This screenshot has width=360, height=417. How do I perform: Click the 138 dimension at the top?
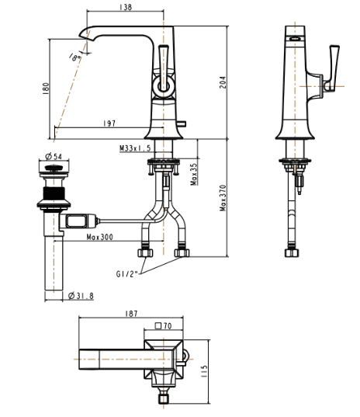point(126,7)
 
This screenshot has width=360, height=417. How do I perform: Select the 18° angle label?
point(75,57)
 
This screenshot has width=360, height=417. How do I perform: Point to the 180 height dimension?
point(46,89)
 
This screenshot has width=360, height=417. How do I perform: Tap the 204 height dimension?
point(223,82)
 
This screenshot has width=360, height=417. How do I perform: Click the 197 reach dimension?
point(109,123)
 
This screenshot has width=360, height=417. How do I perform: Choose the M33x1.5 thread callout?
point(135,148)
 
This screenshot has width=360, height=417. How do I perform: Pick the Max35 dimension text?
point(194,174)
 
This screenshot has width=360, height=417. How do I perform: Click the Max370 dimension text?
point(223,198)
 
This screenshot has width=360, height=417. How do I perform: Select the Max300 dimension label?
point(100,237)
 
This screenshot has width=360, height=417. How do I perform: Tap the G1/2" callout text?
point(127,274)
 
